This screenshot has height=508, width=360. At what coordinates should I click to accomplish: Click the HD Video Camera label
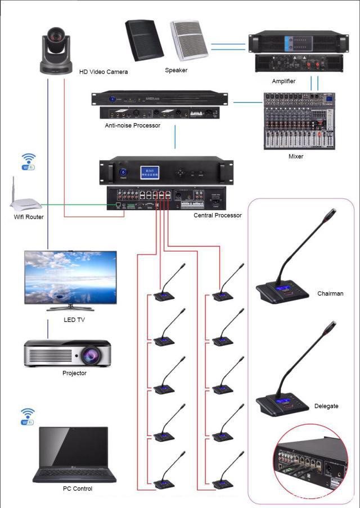pyautogui.click(x=103, y=72)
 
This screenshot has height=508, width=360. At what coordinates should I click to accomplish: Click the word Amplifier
pyautogui.click(x=283, y=81)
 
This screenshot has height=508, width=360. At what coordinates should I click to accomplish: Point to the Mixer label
pyautogui.click(x=295, y=156)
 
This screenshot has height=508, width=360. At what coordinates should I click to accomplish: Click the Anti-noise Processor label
pyautogui.click(x=132, y=125)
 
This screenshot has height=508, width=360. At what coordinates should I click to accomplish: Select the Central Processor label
pyautogui.click(x=217, y=215)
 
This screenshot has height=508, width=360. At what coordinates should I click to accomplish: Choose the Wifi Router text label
pyautogui.click(x=29, y=217)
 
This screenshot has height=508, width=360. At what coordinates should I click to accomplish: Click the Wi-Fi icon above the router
pyautogui.click(x=29, y=161)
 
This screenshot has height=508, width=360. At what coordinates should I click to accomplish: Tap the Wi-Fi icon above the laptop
pyautogui.click(x=28, y=416)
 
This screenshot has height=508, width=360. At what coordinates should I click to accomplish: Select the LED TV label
pyautogui.click(x=74, y=320)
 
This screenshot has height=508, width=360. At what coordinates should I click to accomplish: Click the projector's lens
pyautogui.click(x=92, y=355)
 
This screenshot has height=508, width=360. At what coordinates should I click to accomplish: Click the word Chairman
pyautogui.click(x=330, y=293)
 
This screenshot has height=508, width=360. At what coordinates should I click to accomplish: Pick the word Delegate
pyautogui.click(x=326, y=406)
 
